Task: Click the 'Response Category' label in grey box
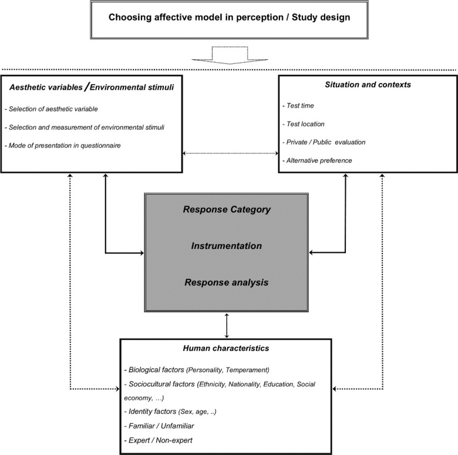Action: pyautogui.click(x=227, y=210)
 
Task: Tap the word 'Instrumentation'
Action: pyautogui.click(x=227, y=246)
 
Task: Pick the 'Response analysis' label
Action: pyautogui.click(x=227, y=282)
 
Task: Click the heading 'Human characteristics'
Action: pyautogui.click(x=226, y=348)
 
